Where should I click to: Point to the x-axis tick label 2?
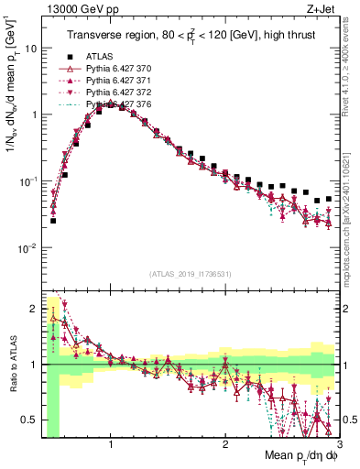click(x=225, y=442)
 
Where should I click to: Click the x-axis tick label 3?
click(x=338, y=442)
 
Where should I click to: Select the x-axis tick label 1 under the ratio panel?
click(x=111, y=442)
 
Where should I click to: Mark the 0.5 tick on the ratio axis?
click(x=28, y=420)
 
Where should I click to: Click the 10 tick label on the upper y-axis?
click(x=28, y=48)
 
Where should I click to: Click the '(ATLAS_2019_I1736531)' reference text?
click(x=190, y=274)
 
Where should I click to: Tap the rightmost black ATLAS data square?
click(x=329, y=198)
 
